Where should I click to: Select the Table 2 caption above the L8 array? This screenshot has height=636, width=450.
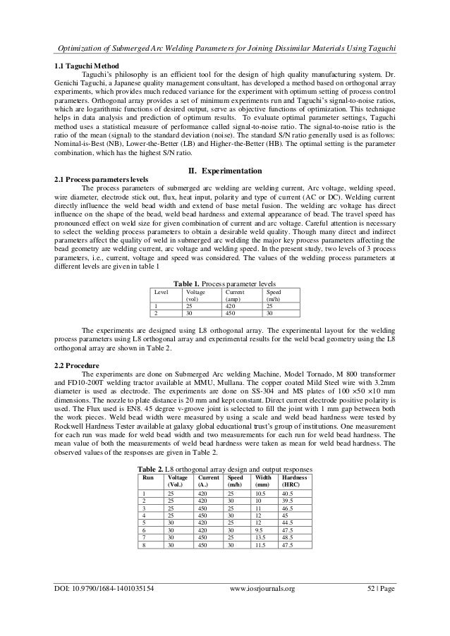pyautogui.click(x=224, y=468)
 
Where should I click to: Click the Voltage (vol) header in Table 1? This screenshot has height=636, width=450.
pyautogui.click(x=192, y=294)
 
